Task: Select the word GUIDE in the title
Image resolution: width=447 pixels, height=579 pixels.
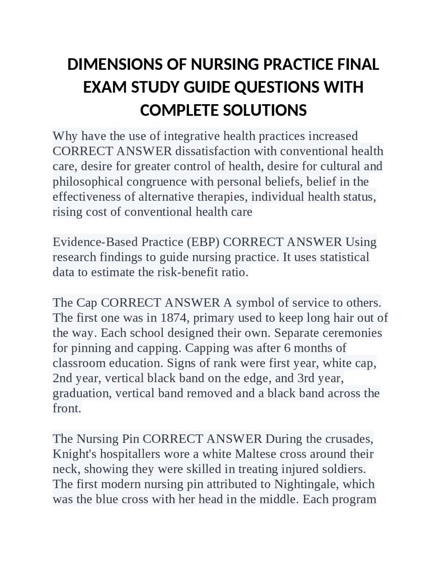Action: [x=207, y=87]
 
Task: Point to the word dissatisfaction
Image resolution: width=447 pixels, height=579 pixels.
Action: [x=213, y=151]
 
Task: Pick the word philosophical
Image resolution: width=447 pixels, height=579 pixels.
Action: [x=88, y=181]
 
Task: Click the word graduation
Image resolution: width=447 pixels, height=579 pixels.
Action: [x=82, y=393]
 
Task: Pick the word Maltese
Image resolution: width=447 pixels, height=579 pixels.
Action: [x=256, y=454]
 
